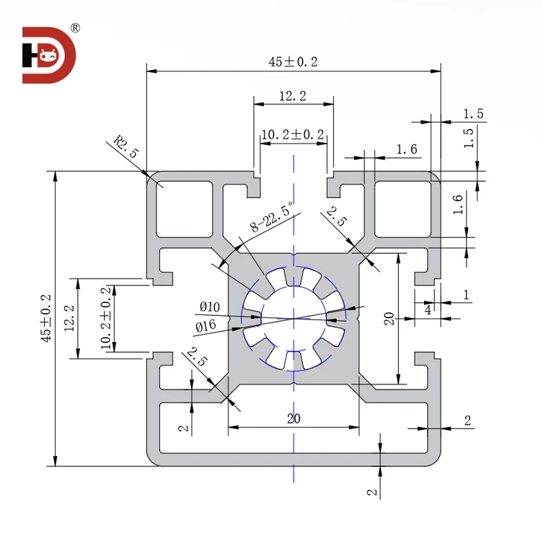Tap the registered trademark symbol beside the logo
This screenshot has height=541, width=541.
point(75,29)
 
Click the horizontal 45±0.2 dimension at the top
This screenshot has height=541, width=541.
point(293,62)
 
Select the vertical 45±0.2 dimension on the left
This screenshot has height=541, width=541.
point(46,317)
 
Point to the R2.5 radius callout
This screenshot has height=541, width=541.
point(126,149)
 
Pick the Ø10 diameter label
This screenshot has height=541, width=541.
point(209,307)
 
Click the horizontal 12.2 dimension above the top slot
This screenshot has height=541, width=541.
point(293,95)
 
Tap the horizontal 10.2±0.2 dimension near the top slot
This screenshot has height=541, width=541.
point(293,134)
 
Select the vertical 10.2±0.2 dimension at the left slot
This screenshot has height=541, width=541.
point(107,318)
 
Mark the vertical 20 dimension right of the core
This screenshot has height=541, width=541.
point(389,318)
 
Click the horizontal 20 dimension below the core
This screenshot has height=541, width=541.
point(293,419)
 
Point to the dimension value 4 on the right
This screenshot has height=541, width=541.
point(428,309)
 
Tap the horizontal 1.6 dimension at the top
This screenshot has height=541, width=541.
point(407,149)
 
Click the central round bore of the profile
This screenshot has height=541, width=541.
point(294,318)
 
